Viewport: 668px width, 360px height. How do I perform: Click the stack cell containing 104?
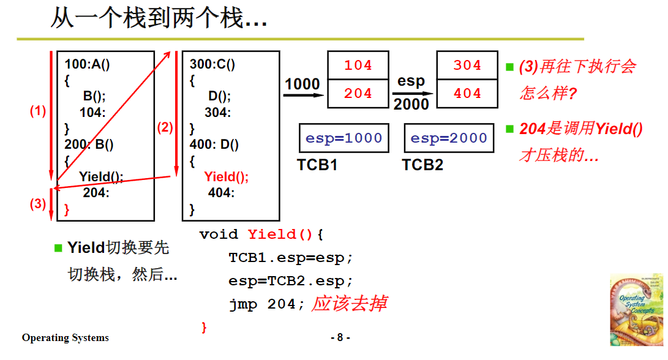click(x=358, y=66)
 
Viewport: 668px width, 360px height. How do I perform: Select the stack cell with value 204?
click(x=358, y=94)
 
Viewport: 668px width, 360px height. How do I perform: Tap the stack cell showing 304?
click(x=467, y=66)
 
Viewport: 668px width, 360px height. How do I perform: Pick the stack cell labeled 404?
click(x=467, y=94)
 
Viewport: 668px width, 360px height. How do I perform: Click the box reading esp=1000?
click(x=343, y=138)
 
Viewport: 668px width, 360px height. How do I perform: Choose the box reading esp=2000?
click(x=449, y=138)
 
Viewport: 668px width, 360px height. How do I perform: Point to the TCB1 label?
click(x=317, y=165)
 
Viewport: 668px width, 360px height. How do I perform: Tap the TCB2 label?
click(x=422, y=165)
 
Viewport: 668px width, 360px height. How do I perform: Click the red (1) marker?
click(x=38, y=111)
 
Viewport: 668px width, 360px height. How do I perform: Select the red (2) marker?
click(x=165, y=128)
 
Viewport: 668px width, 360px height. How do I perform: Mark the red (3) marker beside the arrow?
click(x=38, y=204)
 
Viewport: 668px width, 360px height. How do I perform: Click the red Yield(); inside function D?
click(x=227, y=177)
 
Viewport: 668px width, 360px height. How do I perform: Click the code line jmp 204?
click(x=266, y=304)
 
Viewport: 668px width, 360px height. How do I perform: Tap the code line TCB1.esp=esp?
click(x=291, y=258)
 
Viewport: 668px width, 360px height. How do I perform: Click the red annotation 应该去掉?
click(x=349, y=303)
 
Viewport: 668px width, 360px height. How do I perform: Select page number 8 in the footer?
click(x=340, y=338)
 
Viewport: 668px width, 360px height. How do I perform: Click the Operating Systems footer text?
click(x=66, y=338)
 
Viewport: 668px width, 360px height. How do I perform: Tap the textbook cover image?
click(x=636, y=309)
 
